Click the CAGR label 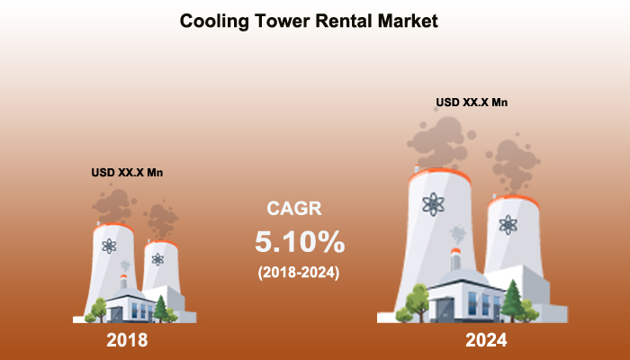294,208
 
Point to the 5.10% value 300,242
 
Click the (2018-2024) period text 299,273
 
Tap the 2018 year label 127,340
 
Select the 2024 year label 486,340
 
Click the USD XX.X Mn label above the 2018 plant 127,173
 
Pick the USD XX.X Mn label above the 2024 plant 472,103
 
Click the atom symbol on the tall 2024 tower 433,204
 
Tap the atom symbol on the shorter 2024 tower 508,225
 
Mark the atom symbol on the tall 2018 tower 109,246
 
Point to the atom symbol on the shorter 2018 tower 157,259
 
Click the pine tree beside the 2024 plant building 512,301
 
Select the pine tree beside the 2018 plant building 161,309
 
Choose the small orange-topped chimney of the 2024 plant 455,259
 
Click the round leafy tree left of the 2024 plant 417,302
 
